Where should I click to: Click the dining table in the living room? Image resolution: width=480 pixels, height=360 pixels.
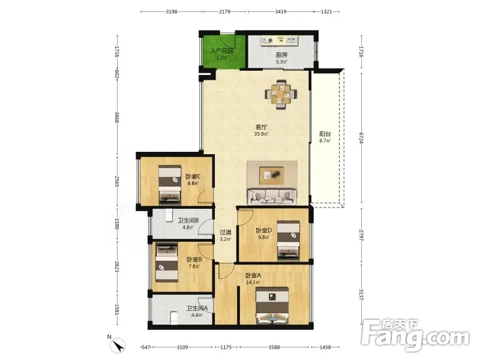click(x=281, y=94)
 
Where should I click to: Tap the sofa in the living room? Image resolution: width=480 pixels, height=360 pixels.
click(x=272, y=197)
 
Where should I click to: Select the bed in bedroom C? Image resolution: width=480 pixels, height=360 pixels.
click(x=170, y=185)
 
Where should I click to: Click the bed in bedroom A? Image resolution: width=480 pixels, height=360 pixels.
click(x=273, y=305)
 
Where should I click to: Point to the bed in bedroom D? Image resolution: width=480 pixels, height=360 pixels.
click(x=288, y=241)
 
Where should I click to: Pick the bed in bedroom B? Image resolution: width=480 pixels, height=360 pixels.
click(x=167, y=263)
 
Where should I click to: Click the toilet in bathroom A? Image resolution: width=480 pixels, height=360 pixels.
click(x=174, y=318)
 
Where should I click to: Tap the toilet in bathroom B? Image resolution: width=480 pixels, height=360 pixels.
click(x=169, y=215)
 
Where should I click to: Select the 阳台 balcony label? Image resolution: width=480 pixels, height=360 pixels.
click(x=325, y=134)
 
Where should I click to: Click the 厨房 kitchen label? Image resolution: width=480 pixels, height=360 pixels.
click(x=281, y=55)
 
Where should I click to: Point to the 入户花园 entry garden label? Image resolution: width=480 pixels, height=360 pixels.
click(x=222, y=50)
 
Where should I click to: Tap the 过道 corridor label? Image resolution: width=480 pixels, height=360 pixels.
click(x=226, y=232)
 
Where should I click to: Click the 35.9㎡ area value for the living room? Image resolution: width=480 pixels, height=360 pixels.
click(x=261, y=134)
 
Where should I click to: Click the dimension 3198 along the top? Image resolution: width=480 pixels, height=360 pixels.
click(x=172, y=11)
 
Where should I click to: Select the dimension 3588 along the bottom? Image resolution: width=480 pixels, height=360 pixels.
click(x=274, y=347)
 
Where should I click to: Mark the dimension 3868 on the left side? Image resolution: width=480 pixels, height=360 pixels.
click(x=116, y=117)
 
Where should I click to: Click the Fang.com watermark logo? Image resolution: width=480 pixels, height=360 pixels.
click(x=415, y=335)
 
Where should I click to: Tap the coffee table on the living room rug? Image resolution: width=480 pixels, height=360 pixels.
click(x=272, y=175)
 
